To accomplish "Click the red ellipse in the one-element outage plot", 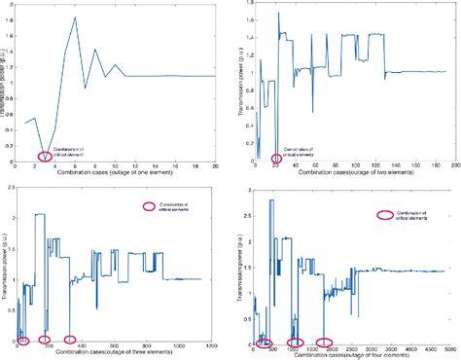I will click(x=45, y=156).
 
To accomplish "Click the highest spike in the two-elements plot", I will click(x=278, y=13).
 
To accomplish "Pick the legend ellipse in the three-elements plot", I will click(x=149, y=205).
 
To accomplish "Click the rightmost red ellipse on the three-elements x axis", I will click(x=70, y=340).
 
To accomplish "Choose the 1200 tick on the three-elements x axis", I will click(x=215, y=347).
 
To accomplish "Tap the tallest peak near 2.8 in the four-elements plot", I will click(x=271, y=200).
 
